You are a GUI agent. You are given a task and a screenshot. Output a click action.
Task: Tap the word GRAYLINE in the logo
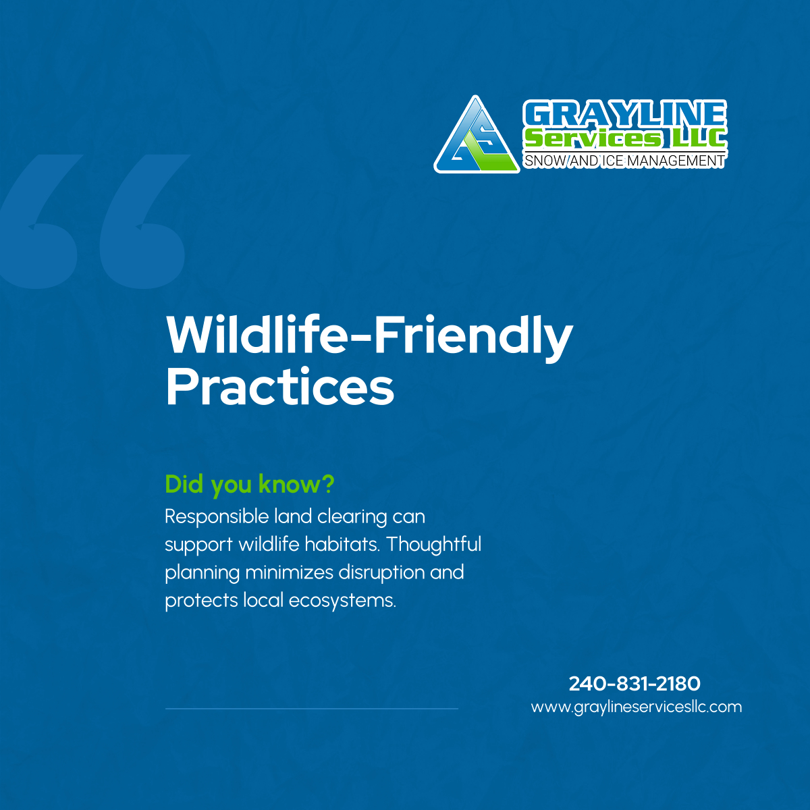click(x=624, y=114)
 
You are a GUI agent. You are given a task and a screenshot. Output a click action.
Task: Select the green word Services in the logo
click(x=593, y=138)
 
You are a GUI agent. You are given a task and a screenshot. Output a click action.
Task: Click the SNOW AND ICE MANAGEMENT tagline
click(x=624, y=161)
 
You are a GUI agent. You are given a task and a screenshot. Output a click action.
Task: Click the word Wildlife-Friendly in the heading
click(x=369, y=335)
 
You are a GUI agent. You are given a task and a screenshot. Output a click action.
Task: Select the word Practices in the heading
click(x=279, y=387)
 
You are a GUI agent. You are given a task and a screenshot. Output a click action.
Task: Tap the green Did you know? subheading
click(x=250, y=484)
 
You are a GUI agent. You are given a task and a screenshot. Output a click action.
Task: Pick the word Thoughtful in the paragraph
click(x=434, y=544)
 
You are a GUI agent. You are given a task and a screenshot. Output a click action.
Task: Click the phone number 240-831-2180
click(x=634, y=684)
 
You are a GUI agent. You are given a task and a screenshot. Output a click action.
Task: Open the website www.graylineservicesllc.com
click(x=636, y=707)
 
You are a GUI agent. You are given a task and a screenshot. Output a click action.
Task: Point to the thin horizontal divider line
click(x=311, y=709)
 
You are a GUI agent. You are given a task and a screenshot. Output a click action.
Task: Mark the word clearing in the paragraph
click(x=352, y=517)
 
